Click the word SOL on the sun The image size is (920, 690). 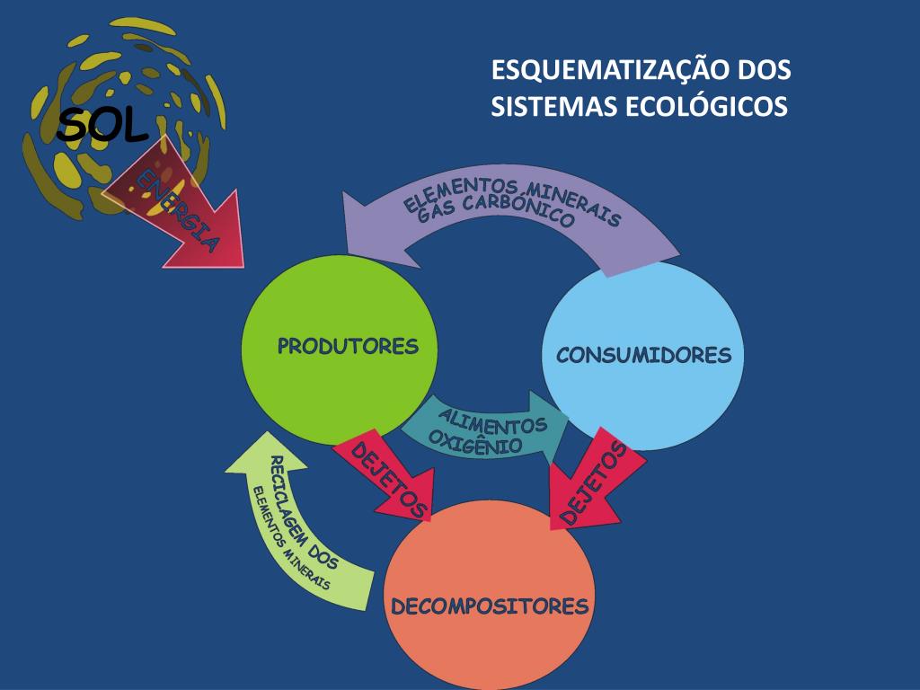point(102,127)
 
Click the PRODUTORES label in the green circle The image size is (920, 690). point(348,347)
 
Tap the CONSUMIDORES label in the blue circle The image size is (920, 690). point(643,355)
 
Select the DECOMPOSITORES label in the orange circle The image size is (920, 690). point(490,606)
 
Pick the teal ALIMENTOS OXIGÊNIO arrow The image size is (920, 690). point(485,427)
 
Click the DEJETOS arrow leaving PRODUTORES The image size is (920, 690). point(386,481)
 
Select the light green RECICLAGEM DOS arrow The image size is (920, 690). point(301,530)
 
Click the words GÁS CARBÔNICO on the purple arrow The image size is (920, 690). point(509,217)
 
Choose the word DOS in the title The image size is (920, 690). point(764,70)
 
